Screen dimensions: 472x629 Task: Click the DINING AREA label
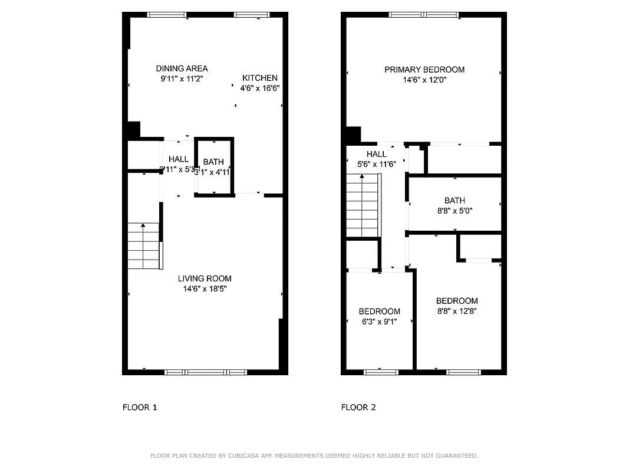(182, 68)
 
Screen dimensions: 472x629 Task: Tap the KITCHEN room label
(260, 78)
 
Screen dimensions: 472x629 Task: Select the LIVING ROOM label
(205, 278)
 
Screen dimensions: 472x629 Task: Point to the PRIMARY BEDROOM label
(424, 70)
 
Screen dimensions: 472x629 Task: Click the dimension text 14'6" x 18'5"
(205, 289)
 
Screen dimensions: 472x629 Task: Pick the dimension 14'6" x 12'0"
(424, 80)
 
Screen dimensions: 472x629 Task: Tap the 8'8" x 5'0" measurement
(455, 211)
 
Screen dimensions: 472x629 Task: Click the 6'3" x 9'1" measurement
(380, 322)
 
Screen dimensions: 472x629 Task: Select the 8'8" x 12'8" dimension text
(457, 311)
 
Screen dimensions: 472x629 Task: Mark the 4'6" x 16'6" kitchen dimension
(260, 88)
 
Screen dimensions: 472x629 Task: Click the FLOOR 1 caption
(140, 407)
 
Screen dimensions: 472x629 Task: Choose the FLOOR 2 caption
(358, 407)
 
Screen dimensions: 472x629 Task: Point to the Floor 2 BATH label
(455, 201)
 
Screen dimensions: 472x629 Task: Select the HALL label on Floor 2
(377, 154)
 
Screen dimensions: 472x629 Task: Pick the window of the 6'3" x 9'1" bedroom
(381, 372)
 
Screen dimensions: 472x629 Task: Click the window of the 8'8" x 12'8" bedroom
(464, 372)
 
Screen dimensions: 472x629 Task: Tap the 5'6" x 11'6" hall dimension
(377, 165)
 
